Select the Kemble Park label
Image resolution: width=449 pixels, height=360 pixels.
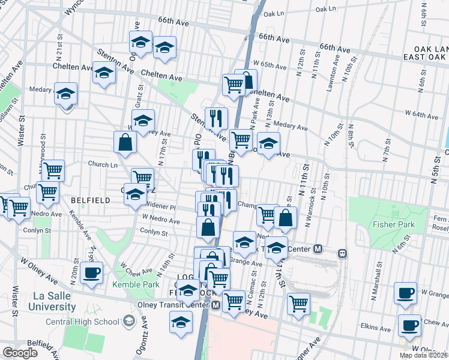click(136, 284)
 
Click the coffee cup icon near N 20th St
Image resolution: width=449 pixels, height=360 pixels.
click(91, 273)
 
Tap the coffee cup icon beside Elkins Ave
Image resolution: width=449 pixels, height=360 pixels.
click(409, 325)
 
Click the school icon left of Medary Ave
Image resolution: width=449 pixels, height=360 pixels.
click(66, 94)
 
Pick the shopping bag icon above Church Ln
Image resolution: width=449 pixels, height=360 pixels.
click(125, 143)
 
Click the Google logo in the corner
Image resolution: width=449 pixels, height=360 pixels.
click(20, 352)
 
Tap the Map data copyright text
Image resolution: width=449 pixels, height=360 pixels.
click(423, 355)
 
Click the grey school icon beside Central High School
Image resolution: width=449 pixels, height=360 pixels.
click(128, 322)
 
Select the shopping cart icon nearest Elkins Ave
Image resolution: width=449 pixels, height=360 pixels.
click(298, 304)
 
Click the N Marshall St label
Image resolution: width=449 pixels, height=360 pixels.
click(379, 277)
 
